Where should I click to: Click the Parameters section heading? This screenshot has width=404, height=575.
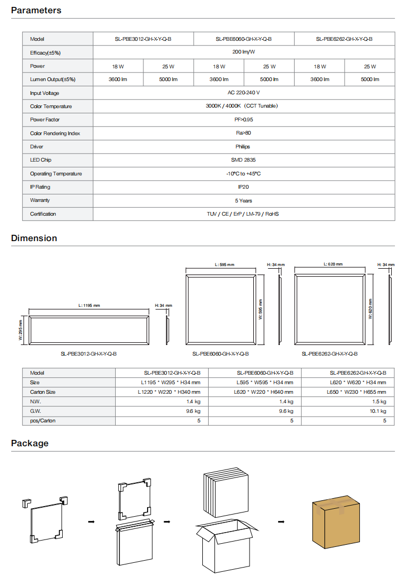(x=36, y=11)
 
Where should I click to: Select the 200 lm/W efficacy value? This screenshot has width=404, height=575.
(x=244, y=52)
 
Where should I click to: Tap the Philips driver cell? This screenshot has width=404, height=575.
(x=243, y=147)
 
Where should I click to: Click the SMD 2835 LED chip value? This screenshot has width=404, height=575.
(x=243, y=160)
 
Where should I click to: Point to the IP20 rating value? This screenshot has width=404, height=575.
(x=243, y=187)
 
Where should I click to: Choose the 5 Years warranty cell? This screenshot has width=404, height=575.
(x=243, y=201)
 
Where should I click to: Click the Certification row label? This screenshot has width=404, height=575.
(x=43, y=214)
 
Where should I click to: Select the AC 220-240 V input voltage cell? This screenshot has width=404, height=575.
(x=244, y=93)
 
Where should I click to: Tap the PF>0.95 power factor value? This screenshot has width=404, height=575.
(x=243, y=120)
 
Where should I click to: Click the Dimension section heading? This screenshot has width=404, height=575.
(x=34, y=238)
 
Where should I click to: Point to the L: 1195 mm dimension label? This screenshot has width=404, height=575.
(x=89, y=305)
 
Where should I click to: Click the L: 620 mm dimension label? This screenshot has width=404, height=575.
(x=333, y=264)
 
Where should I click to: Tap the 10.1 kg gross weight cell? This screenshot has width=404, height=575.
(x=377, y=411)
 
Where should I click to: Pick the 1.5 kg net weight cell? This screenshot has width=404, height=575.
(x=379, y=402)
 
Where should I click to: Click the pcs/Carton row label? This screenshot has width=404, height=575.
(x=43, y=421)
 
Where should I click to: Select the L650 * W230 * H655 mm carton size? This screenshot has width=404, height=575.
(x=356, y=392)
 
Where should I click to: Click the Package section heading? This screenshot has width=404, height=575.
(x=30, y=444)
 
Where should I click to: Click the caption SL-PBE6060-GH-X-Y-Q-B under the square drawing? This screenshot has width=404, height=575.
(x=220, y=354)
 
